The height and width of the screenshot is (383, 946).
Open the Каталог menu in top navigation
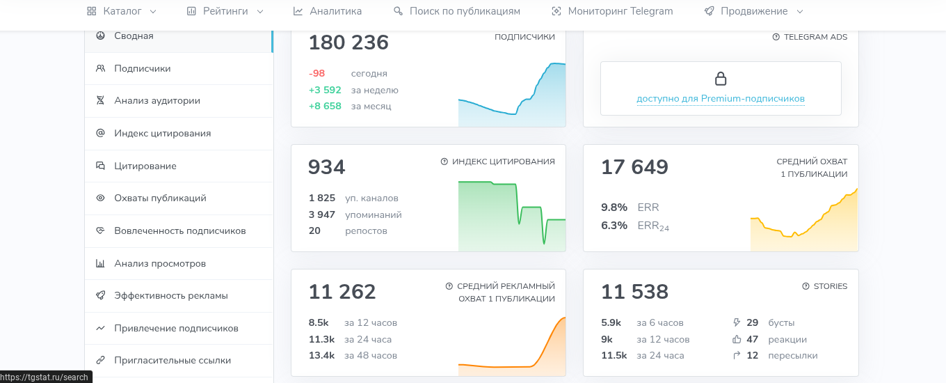click(x=122, y=11)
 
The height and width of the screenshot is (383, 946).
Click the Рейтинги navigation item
click(x=225, y=11)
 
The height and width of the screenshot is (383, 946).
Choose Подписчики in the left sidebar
click(x=142, y=68)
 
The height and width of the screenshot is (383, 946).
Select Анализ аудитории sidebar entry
click(x=157, y=101)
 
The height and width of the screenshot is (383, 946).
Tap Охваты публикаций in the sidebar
click(x=160, y=198)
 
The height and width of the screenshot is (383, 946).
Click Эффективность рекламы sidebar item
click(x=171, y=296)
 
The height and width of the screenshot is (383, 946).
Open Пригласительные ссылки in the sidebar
click(x=173, y=361)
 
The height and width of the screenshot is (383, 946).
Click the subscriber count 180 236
click(x=348, y=43)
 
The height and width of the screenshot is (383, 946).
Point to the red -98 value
click(x=317, y=74)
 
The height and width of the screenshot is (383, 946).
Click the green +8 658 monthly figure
click(x=325, y=107)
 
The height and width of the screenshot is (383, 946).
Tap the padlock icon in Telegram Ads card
click(x=721, y=78)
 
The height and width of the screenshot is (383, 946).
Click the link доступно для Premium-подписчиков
click(x=721, y=99)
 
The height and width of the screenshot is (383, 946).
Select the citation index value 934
click(x=326, y=167)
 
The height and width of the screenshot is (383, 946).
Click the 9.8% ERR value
click(x=614, y=208)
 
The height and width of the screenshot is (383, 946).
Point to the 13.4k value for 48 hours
click(x=321, y=356)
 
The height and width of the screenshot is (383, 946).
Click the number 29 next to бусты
click(x=752, y=323)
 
